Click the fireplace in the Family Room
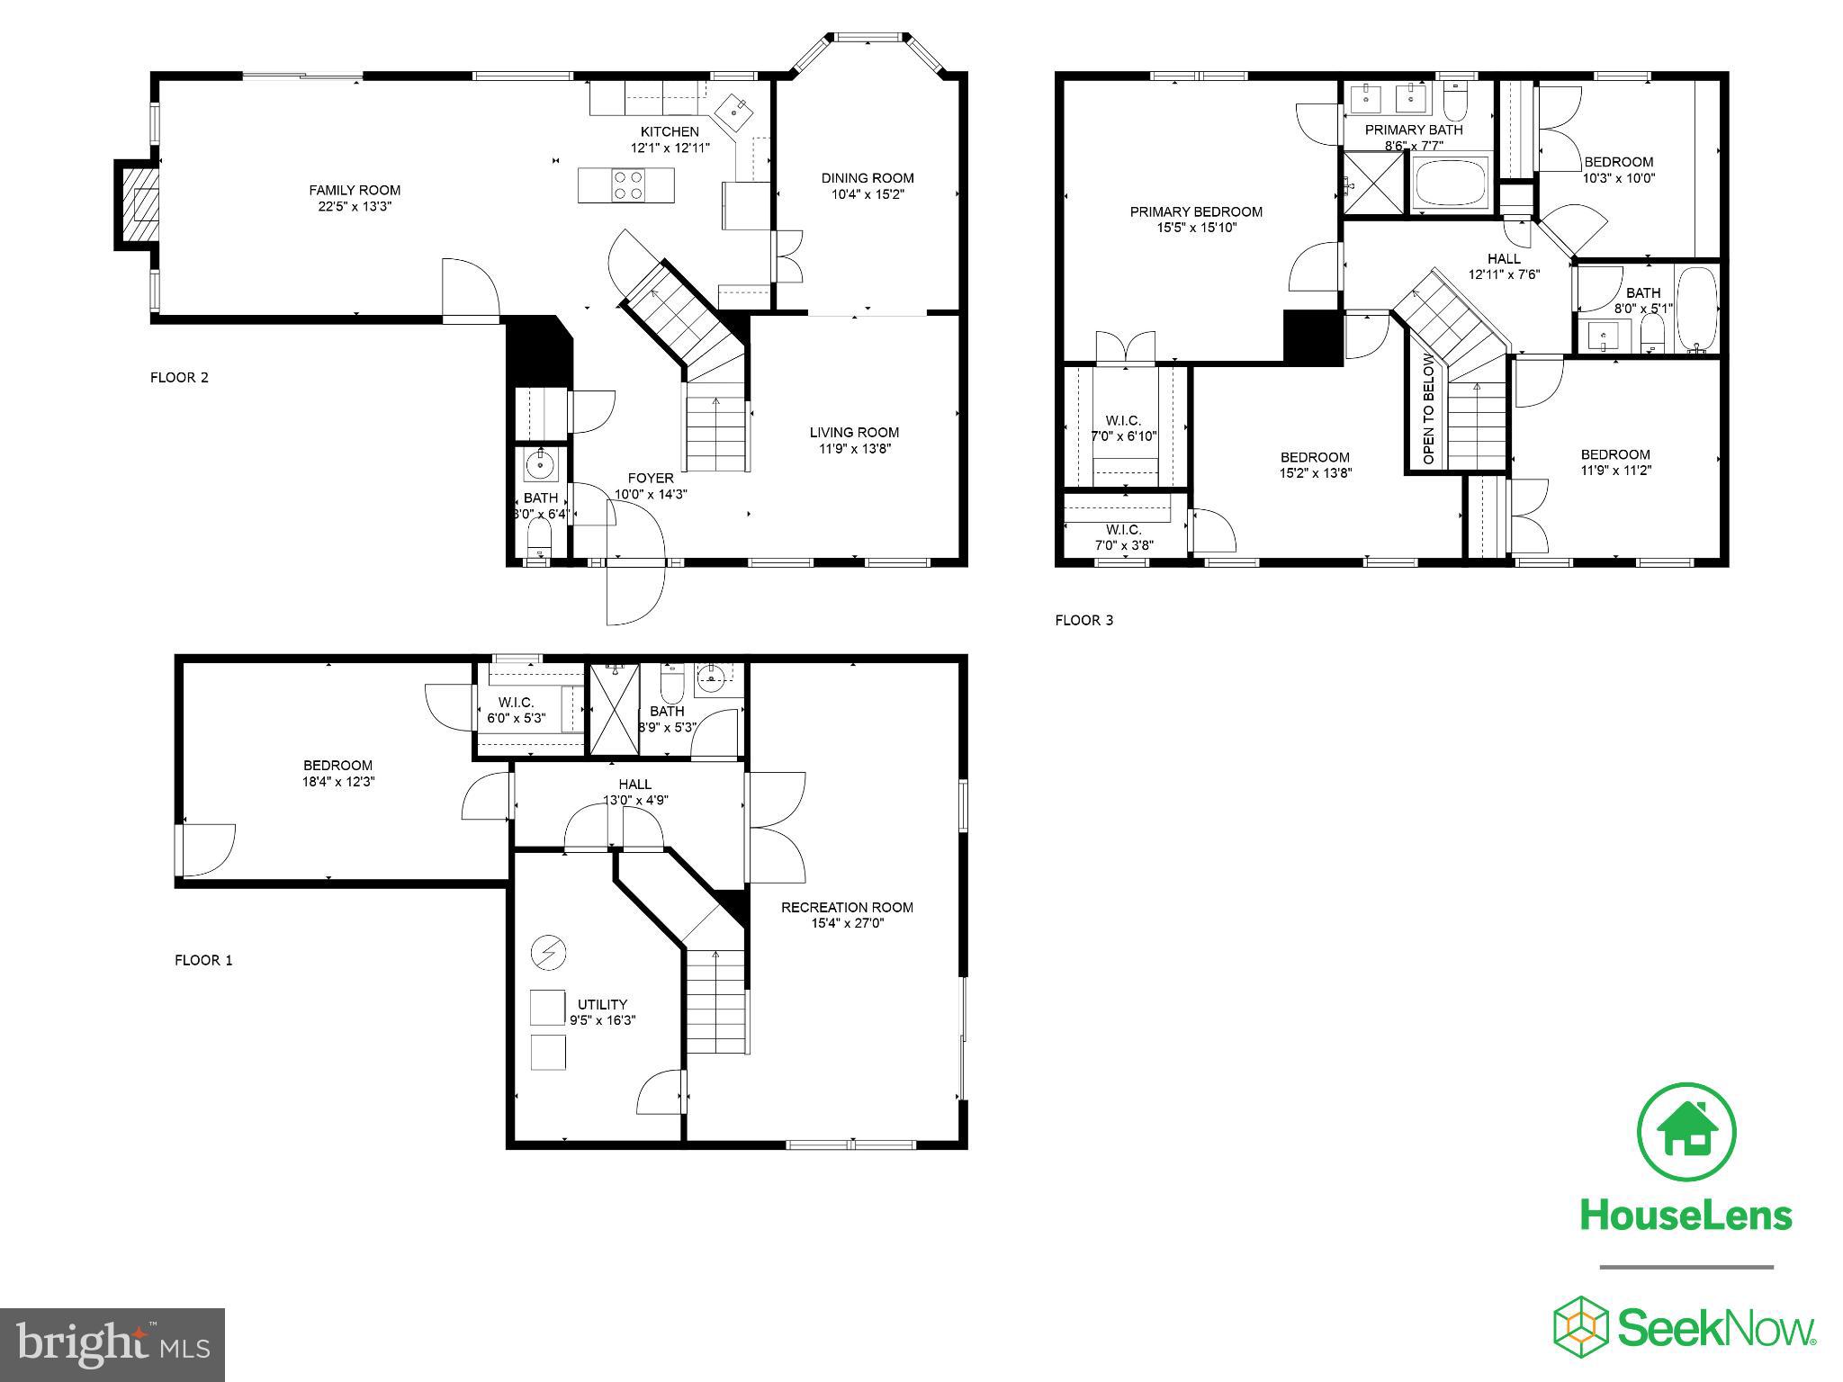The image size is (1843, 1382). point(138,205)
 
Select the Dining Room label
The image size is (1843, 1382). point(867,178)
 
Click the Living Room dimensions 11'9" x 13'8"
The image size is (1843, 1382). point(854,449)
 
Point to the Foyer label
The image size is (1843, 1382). point(651,478)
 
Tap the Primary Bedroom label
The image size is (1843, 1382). point(1196,212)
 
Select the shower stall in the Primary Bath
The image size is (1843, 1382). point(1373,184)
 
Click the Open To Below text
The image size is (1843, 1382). point(1428,409)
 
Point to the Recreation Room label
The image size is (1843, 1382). point(847,907)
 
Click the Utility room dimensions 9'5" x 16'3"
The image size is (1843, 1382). point(602,1020)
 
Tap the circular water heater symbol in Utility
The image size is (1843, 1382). point(546,952)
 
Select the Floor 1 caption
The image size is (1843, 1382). point(203,960)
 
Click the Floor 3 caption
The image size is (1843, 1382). point(1084,620)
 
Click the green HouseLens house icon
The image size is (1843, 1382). point(1686,1133)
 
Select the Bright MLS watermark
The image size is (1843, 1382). point(112,1345)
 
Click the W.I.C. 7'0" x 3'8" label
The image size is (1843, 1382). point(1124,537)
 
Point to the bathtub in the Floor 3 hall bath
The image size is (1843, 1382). point(1697,308)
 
